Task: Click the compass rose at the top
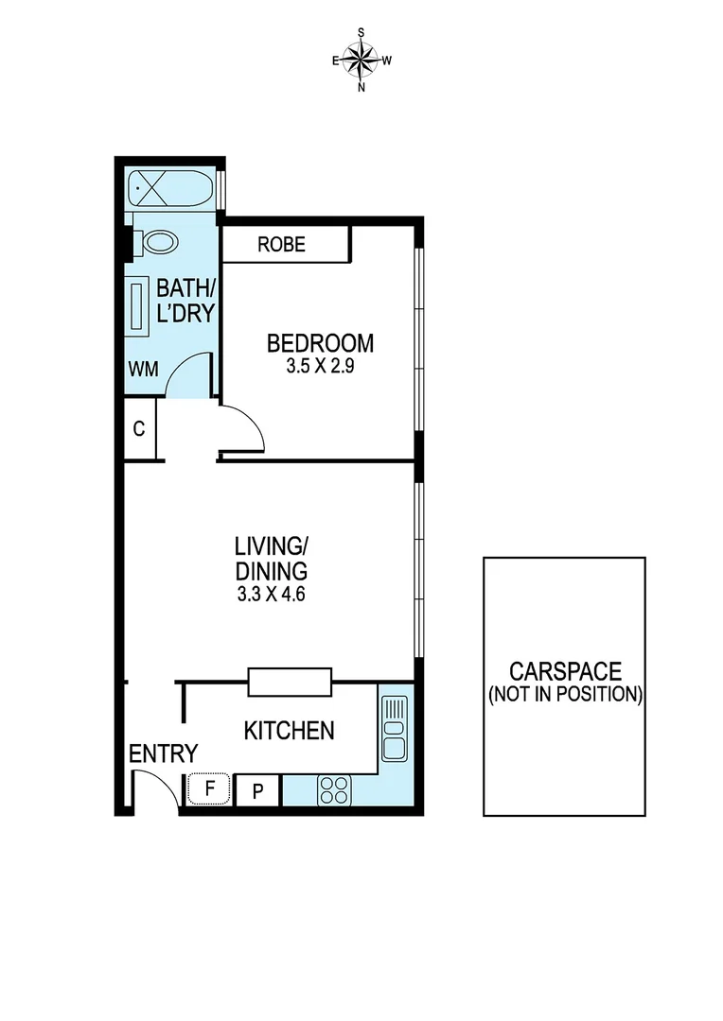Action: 361,60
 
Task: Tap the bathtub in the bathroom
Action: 170,189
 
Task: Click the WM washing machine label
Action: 143,367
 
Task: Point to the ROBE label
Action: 282,245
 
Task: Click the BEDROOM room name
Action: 320,342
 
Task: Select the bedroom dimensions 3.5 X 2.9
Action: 320,367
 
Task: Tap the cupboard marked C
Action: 139,429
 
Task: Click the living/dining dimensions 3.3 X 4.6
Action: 272,596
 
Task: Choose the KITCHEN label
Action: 289,730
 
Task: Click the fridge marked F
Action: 211,787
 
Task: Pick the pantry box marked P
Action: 257,789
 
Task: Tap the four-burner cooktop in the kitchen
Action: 334,788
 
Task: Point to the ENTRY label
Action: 163,753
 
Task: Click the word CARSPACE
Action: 565,671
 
